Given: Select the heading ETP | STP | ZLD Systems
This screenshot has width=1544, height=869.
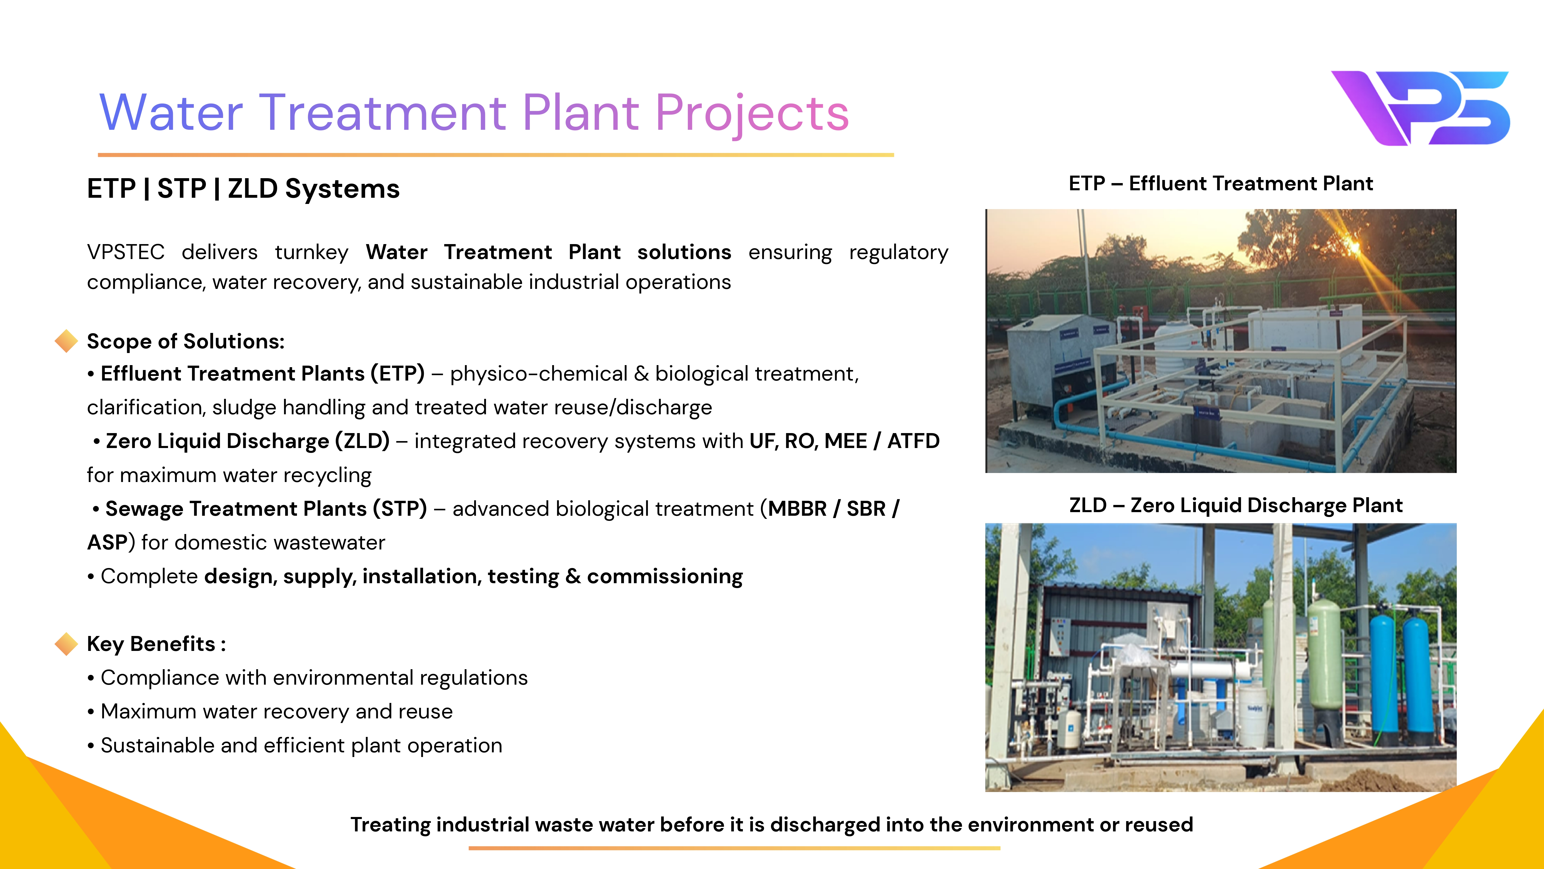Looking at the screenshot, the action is [x=243, y=189].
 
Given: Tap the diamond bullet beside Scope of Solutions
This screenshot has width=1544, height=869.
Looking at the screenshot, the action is [x=66, y=341].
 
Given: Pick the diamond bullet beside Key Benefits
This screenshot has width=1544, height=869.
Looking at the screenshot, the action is [x=66, y=643].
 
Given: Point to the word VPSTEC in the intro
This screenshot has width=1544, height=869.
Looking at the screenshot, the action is [x=126, y=252].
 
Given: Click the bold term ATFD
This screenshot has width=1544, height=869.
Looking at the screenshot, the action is [x=914, y=441].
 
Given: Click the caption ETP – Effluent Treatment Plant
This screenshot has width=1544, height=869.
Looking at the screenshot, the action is [x=1221, y=184].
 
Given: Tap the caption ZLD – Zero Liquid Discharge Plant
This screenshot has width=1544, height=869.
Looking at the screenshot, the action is [x=1236, y=506].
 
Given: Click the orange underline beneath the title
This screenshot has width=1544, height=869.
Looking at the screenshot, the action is [x=496, y=155].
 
